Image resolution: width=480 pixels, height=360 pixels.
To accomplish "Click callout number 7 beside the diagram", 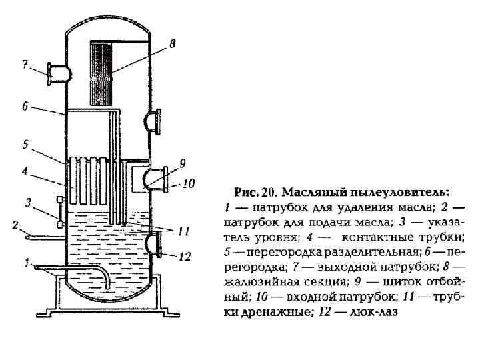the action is [x=25, y=65].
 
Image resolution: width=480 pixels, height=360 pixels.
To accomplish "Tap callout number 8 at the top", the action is [x=173, y=44].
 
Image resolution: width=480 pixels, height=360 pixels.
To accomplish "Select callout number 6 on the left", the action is [x=25, y=106].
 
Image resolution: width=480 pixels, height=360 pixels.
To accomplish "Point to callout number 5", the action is [x=25, y=143].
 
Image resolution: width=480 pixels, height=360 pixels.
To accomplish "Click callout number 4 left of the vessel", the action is [x=25, y=171].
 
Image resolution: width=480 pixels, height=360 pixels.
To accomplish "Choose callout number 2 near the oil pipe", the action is [x=15, y=225].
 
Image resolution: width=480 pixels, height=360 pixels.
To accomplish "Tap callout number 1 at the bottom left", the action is [x=27, y=263].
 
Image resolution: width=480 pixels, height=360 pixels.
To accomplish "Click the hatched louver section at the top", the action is [x=101, y=63].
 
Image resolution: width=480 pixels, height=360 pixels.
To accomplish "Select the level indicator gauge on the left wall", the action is [x=59, y=212].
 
